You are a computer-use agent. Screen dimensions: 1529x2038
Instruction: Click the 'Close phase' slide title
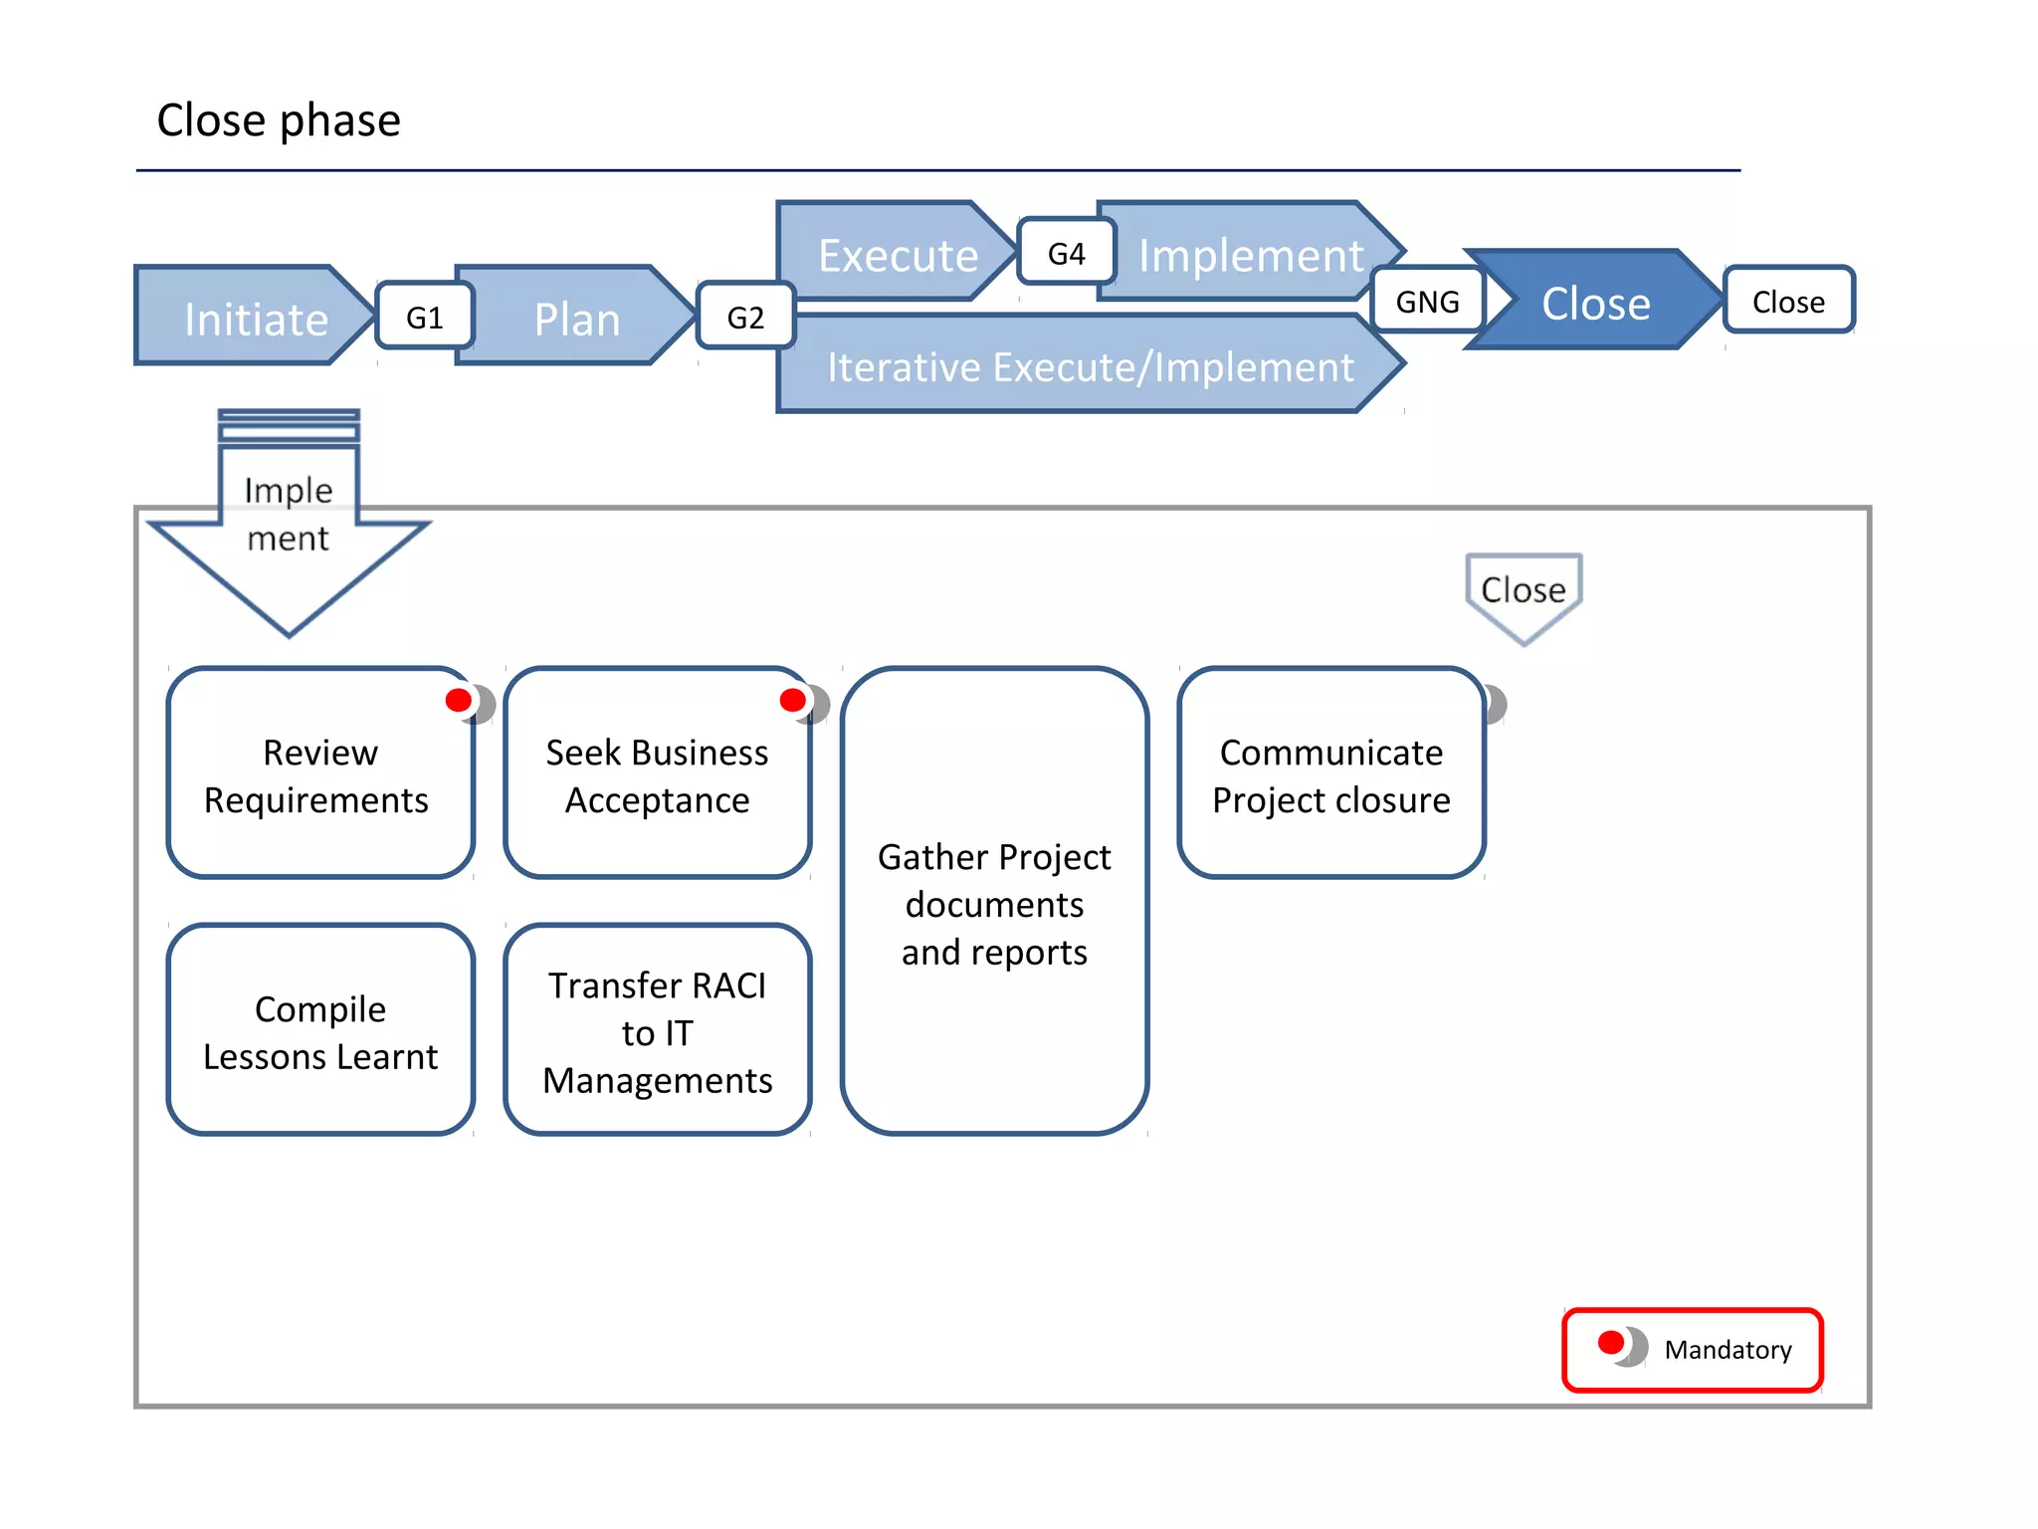pyautogui.click(x=279, y=120)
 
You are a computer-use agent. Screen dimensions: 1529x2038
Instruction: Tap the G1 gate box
pyautogui.click(x=425, y=317)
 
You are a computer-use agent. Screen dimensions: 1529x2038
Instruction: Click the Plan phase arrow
pyautogui.click(x=576, y=318)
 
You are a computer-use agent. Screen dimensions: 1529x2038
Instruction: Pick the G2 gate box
pyautogui.click(x=745, y=317)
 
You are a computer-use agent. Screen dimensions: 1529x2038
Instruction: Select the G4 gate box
pyautogui.click(x=1066, y=253)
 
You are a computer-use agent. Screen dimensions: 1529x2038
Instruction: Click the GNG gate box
pyautogui.click(x=1427, y=301)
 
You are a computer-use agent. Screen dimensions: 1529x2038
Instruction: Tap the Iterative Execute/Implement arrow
pyautogui.click(x=1090, y=366)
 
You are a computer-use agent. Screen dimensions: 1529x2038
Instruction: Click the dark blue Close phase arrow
pyautogui.click(x=1594, y=302)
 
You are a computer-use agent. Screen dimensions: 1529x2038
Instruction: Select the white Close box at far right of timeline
pyautogui.click(x=1788, y=301)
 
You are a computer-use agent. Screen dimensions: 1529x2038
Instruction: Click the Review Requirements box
pyautogui.click(x=318, y=775)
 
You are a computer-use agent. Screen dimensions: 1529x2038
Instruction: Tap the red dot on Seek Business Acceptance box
pyautogui.click(x=793, y=700)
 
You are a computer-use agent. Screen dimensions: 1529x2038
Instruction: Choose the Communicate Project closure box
pyautogui.click(x=1330, y=775)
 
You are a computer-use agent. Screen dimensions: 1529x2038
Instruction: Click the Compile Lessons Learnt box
pyautogui.click(x=319, y=1031)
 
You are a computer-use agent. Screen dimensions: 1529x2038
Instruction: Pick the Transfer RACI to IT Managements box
pyautogui.click(x=657, y=1031)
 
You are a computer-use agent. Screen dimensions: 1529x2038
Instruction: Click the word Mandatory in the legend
pyautogui.click(x=1728, y=1349)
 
